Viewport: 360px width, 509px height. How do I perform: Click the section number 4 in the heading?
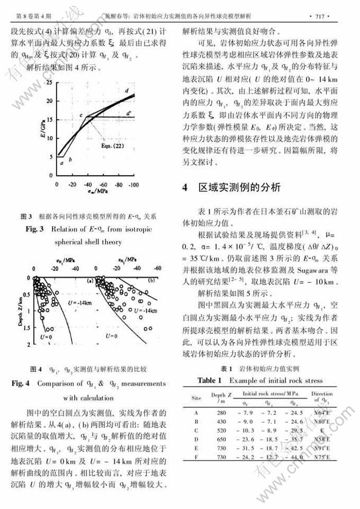[185, 187]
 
